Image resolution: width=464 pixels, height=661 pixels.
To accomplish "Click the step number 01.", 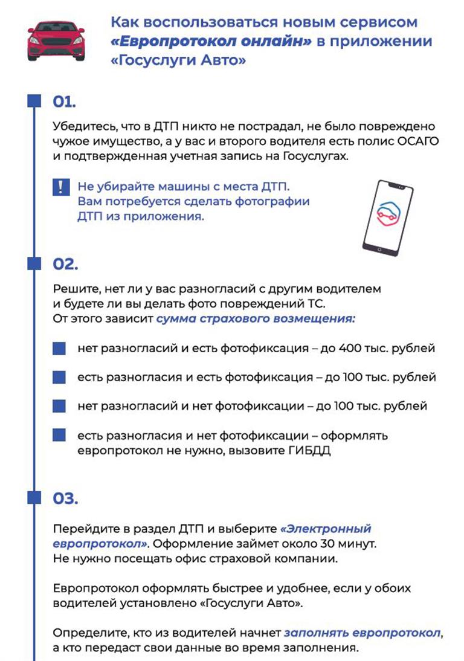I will coord(64,102).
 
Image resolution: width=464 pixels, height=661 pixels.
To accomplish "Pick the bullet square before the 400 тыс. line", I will coord(59,349).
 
